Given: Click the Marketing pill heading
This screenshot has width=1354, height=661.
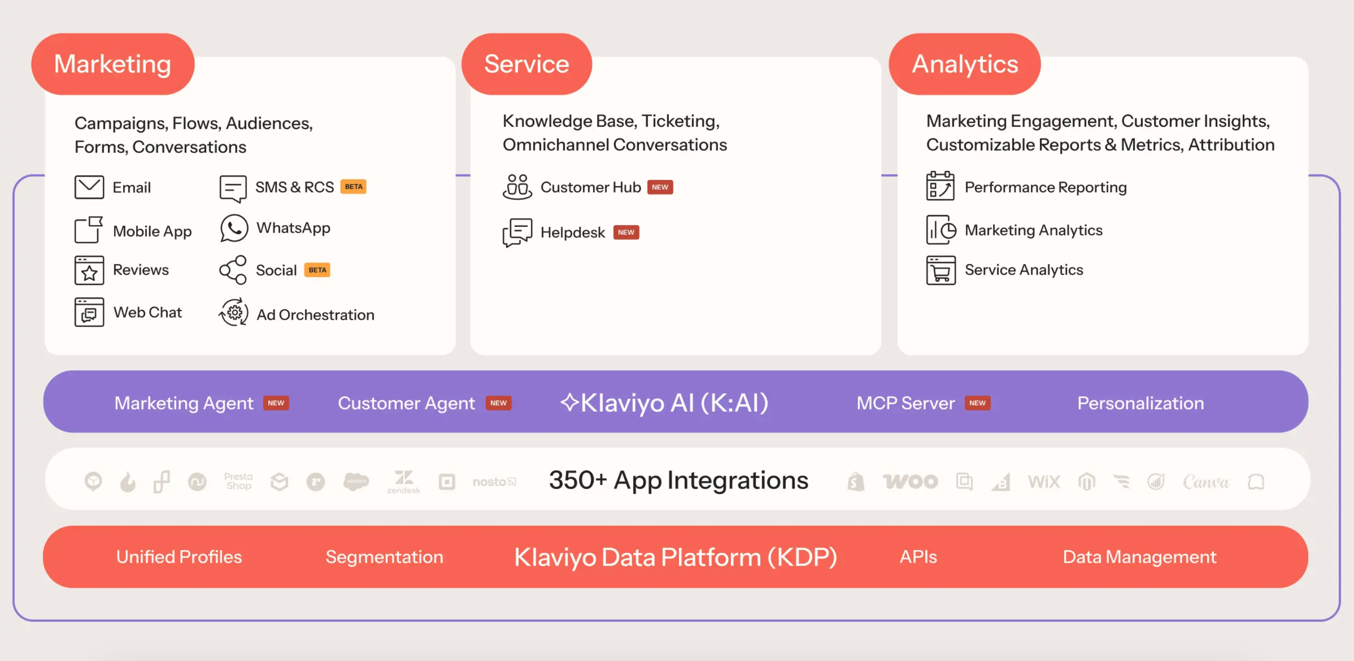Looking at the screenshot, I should click(113, 64).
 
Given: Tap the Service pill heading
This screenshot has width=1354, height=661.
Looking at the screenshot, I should click(526, 64).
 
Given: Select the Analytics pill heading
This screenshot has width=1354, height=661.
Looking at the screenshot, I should click(965, 64).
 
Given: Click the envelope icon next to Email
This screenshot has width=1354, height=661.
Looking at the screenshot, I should click(89, 187).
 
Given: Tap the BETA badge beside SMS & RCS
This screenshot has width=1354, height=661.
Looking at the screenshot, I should click(353, 187).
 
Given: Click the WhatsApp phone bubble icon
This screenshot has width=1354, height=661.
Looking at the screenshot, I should click(233, 228).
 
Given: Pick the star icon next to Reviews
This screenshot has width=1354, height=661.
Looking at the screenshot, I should click(89, 271).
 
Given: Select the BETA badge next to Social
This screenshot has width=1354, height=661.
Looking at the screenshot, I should click(317, 270).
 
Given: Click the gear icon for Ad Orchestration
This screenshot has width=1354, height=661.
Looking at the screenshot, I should click(233, 313).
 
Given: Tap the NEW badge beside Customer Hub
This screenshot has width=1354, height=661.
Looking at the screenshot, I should click(660, 187).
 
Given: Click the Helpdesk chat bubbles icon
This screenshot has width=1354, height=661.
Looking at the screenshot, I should click(517, 232).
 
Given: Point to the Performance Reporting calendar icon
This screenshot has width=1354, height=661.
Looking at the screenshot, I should click(940, 186).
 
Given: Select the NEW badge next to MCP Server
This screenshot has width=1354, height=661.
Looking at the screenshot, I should click(977, 403).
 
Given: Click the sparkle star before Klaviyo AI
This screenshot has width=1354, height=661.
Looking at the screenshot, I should click(569, 402).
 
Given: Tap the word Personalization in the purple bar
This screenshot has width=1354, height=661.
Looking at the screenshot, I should click(1140, 403).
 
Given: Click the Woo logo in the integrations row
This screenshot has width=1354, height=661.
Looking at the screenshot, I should click(910, 481).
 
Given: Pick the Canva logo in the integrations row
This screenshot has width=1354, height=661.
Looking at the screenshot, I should click(1206, 481).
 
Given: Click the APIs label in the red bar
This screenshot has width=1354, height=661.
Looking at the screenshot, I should click(918, 556).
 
